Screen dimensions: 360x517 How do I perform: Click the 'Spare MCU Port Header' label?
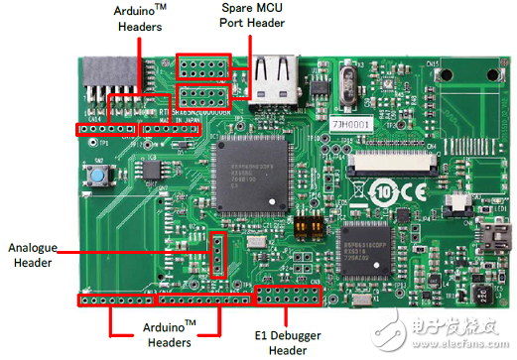[x=247, y=19]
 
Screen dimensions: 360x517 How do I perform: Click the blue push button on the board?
[x=99, y=179]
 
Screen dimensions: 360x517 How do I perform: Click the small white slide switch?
[x=458, y=201]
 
